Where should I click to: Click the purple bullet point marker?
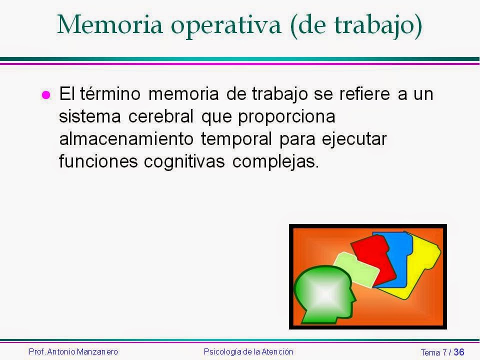[x=45, y=95]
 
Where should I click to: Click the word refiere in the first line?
[x=361, y=94]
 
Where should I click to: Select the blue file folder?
[x=395, y=250]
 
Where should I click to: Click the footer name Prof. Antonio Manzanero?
[x=73, y=352]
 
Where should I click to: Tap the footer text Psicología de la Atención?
[x=248, y=352]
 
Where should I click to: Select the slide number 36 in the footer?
[x=459, y=352]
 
